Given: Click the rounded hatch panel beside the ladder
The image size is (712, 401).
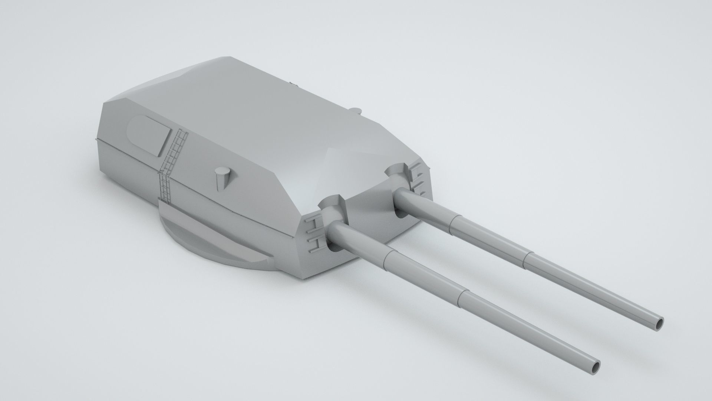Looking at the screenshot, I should [149, 136].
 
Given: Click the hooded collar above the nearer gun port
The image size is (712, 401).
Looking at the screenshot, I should [332, 205].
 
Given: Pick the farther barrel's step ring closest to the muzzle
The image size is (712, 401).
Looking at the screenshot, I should [526, 258].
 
